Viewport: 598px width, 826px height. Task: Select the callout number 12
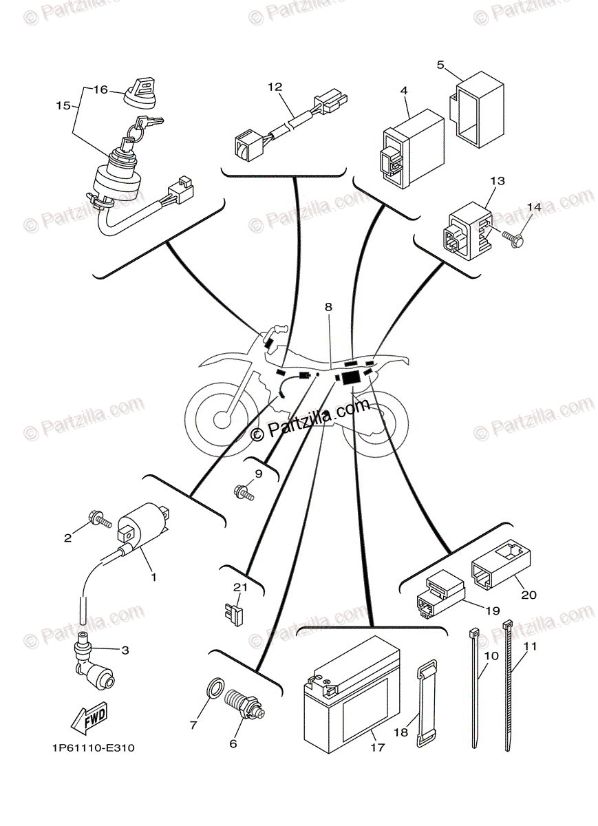tap(275, 87)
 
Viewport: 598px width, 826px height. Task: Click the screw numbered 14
tap(513, 237)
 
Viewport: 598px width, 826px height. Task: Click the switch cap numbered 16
tap(140, 92)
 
